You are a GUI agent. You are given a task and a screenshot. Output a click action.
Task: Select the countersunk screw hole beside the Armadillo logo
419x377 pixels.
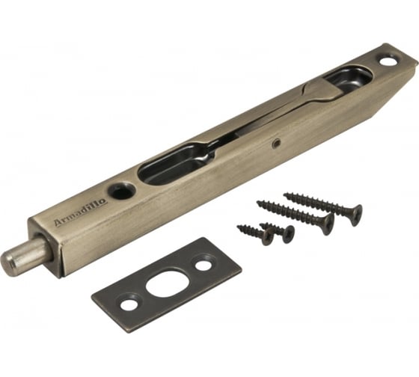pos(122,190)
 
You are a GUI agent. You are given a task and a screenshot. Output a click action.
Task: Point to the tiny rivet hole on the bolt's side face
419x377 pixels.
pos(275,144)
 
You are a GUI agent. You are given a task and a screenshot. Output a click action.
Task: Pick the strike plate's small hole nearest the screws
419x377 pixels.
pos(204,265)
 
